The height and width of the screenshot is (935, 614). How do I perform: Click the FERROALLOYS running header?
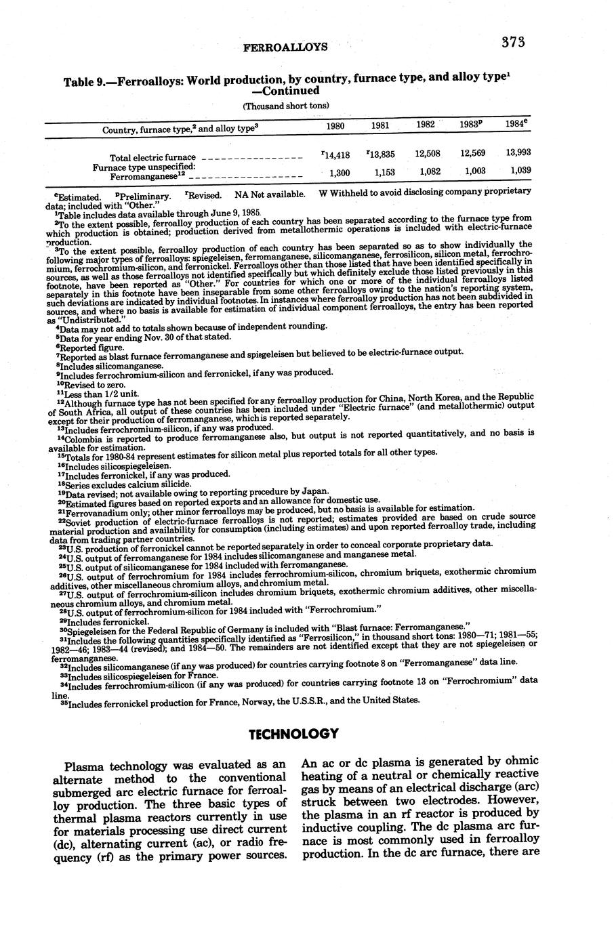pos(285,47)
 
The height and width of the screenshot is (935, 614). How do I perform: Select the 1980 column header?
pos(335,126)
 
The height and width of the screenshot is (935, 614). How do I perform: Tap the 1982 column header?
pos(425,125)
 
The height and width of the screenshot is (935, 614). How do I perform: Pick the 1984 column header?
pos(516,123)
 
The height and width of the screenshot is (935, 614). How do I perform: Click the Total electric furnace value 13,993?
pos(518,152)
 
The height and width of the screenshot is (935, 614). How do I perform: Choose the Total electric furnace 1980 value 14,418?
pos(337,155)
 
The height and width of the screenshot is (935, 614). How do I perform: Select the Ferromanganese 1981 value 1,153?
pos(384,173)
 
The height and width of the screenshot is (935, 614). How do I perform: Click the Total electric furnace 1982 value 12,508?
pos(428,154)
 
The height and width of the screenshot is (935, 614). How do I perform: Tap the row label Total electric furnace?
pos(153,157)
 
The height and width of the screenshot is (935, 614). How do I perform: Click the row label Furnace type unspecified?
pos(144,167)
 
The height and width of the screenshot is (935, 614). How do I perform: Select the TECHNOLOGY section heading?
pos(293,734)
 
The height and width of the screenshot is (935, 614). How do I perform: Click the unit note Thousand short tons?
pos(285,106)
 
